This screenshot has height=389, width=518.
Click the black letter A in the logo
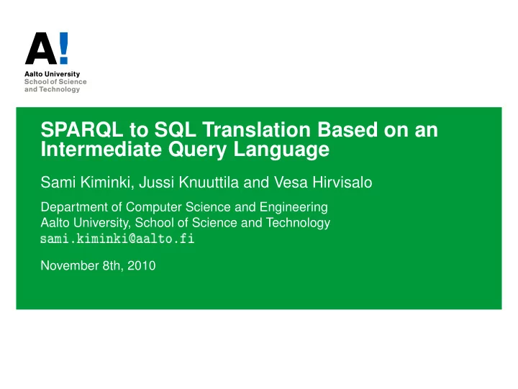pyautogui.click(x=41, y=48)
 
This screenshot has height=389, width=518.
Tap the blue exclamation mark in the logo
pyautogui.click(x=64, y=48)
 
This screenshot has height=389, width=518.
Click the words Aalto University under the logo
pyautogui.click(x=53, y=74)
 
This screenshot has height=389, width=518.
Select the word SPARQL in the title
pyautogui.click(x=81, y=129)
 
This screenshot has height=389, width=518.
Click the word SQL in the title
pyautogui.click(x=175, y=129)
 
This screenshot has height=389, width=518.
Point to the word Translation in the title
pyautogui.click(x=257, y=129)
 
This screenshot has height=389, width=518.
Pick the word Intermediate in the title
pyautogui.click(x=101, y=149)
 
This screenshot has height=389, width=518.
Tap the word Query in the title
pyautogui.click(x=197, y=150)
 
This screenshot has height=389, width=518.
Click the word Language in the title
pyautogui.click(x=281, y=150)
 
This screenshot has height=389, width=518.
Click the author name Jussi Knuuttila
pyautogui.click(x=188, y=183)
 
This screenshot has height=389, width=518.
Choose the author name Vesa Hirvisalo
pyautogui.click(x=323, y=183)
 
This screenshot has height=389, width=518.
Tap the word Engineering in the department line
pyautogui.click(x=294, y=208)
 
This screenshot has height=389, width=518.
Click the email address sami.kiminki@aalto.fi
pyautogui.click(x=117, y=239)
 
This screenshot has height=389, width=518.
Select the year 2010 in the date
pyautogui.click(x=142, y=265)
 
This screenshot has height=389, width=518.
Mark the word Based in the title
pyautogui.click(x=347, y=129)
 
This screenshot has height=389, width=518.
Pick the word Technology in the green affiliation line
pyautogui.click(x=298, y=223)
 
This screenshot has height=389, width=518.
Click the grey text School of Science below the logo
pyautogui.click(x=55, y=81)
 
